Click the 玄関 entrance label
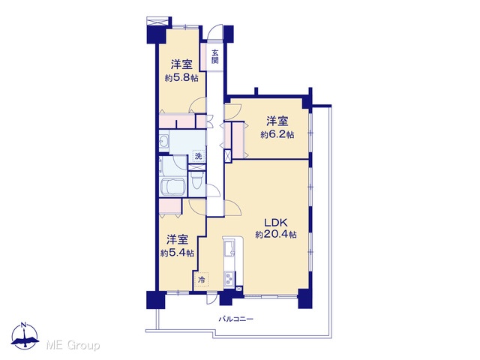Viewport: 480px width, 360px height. [x=215, y=56]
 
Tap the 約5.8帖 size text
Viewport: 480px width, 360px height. [x=181, y=78]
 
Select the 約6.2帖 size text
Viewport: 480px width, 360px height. [x=277, y=135]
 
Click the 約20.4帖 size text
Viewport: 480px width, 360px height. [x=276, y=235]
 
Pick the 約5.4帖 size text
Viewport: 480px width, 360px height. [x=177, y=253]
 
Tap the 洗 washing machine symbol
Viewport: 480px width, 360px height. [x=199, y=156]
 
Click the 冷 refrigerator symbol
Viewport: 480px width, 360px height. [x=202, y=280]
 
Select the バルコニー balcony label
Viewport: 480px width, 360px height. [x=235, y=319]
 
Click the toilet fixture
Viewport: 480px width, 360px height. [x=197, y=181]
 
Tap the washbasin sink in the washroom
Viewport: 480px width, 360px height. [x=163, y=142]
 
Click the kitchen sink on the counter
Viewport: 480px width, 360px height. [x=229, y=248]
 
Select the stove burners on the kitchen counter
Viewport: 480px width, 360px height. [x=229, y=279]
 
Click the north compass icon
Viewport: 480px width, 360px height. [x=25, y=336]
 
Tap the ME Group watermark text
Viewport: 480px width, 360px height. [x=73, y=346]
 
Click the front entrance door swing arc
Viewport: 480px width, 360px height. [x=213, y=30]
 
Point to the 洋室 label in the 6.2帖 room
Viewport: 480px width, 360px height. [x=277, y=121]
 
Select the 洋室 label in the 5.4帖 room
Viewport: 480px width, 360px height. [x=177, y=240]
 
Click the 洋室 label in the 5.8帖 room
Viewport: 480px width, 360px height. [x=181, y=64]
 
